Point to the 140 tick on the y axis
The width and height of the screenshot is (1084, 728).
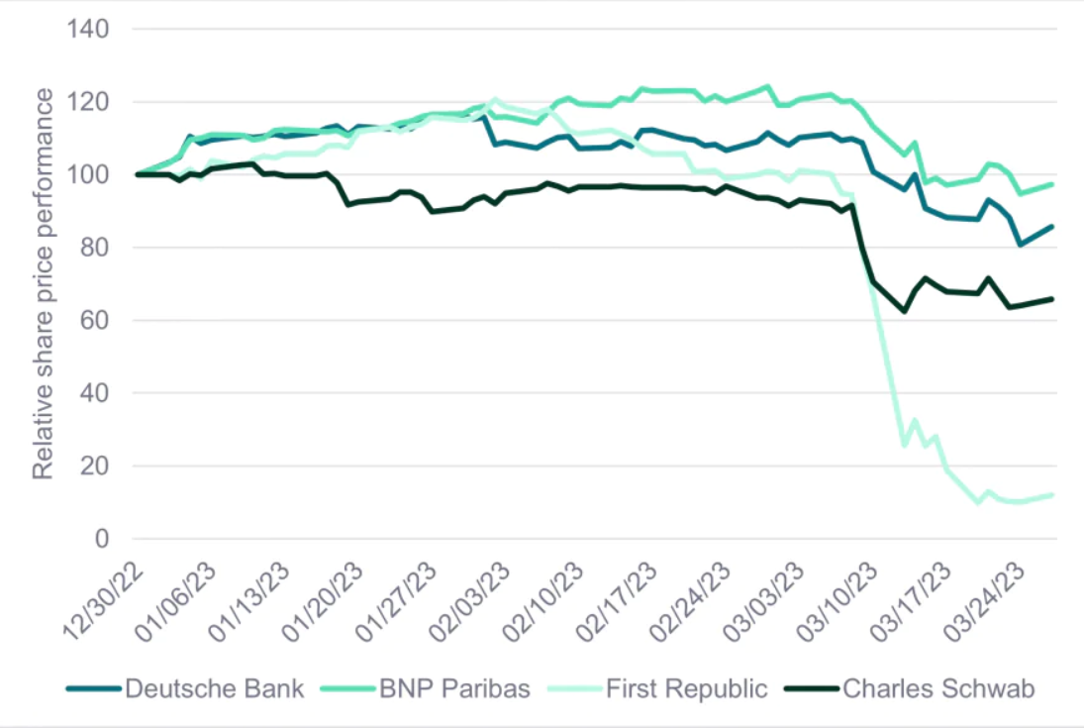point(87,30)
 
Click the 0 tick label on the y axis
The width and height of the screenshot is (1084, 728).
point(100,539)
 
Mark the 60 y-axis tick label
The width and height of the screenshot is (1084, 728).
point(94,321)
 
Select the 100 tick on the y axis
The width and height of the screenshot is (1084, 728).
point(87,175)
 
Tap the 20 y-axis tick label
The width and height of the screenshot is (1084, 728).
point(94,467)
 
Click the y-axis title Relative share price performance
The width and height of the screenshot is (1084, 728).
point(44,283)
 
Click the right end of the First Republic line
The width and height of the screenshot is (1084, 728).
point(1051,494)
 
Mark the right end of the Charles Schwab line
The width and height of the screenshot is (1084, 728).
point(1051,299)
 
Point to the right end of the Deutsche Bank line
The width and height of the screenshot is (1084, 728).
point(1051,227)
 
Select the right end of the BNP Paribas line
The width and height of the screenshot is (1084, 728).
point(1051,184)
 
